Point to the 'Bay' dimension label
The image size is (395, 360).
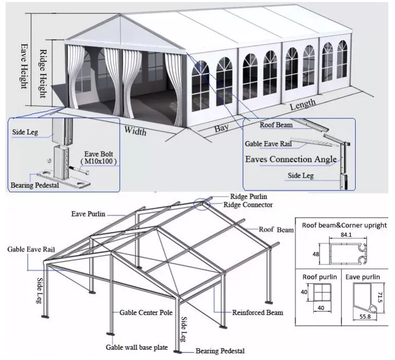point(221,129)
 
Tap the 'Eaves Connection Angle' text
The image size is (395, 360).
point(291,159)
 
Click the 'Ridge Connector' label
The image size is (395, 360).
point(248,205)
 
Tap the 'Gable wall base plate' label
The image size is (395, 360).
point(137,347)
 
